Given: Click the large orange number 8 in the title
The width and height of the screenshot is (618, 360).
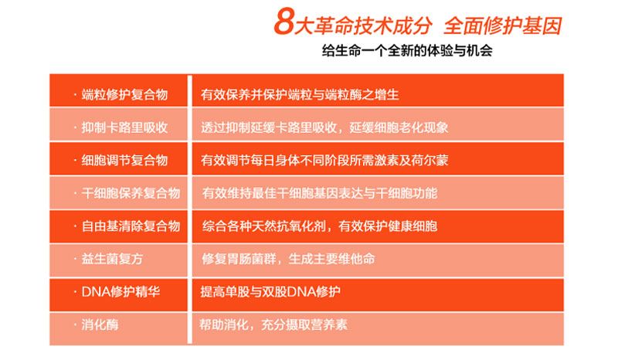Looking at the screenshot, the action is (284, 22).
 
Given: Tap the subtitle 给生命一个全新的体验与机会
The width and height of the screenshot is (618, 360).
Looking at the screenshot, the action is (407, 51).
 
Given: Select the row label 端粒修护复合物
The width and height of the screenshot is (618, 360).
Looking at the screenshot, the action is (124, 94).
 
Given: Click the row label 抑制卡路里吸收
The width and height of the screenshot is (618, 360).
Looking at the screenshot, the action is (124, 127).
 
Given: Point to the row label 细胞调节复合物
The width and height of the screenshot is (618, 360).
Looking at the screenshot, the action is (124, 160).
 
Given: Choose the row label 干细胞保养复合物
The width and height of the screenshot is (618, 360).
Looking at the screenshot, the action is (131, 193).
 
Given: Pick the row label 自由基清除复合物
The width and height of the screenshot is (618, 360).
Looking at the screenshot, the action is (131, 226).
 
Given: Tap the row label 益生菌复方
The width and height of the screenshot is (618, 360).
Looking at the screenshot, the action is (112, 259).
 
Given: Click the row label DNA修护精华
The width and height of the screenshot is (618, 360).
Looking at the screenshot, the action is (121, 292).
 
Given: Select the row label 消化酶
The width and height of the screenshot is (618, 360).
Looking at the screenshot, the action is (100, 324).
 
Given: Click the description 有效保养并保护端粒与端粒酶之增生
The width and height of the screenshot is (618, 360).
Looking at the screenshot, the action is (300, 94).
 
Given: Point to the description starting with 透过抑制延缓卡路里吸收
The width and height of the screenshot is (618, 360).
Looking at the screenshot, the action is (324, 127).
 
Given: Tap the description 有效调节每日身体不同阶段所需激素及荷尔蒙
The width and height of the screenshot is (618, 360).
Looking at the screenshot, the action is (324, 160).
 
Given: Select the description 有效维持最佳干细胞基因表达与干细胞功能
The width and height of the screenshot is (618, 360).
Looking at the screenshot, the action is (320, 193).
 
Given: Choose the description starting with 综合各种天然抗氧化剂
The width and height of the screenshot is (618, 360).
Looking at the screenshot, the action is (320, 226).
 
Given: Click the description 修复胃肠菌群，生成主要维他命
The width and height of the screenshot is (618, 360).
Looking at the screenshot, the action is (288, 259).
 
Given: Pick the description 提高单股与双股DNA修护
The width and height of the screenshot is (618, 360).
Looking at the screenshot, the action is (270, 292).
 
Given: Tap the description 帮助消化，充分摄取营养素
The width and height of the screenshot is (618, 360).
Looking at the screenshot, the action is (273, 324).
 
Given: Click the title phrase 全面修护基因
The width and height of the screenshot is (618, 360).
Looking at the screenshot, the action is (503, 25).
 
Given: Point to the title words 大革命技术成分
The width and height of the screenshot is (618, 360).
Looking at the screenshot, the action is (363, 25).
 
